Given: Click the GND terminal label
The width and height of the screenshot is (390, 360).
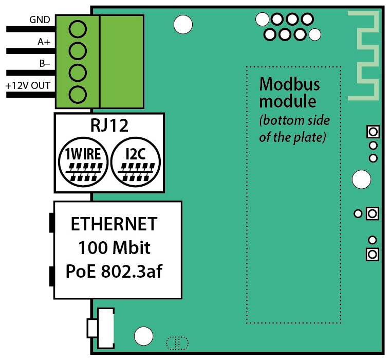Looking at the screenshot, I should click(40, 20).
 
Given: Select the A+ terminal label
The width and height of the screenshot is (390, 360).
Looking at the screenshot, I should click(44, 43).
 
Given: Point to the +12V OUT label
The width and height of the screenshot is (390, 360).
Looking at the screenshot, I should click(28, 85).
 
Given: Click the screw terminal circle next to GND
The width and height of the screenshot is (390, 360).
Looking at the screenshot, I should click(77, 29).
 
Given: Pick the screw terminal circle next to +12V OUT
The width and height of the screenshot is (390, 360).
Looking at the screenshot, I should click(77, 95).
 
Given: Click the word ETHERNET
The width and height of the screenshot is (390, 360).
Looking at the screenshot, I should click(114, 225).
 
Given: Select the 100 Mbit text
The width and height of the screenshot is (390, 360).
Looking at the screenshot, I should click(114, 248).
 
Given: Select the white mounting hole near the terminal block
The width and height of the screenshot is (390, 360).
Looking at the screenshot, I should click(183, 24).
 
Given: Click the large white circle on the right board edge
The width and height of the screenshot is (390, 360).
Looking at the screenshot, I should click(361, 179).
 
